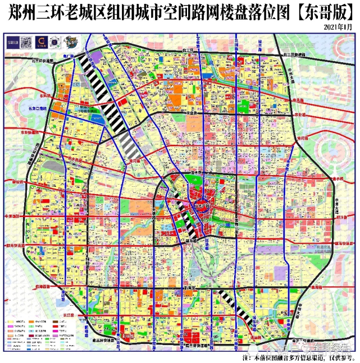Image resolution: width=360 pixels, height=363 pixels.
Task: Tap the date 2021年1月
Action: pyautogui.click(x=339, y=27)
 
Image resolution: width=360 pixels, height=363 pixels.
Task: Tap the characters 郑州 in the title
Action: pyautogui.click(x=22, y=13)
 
